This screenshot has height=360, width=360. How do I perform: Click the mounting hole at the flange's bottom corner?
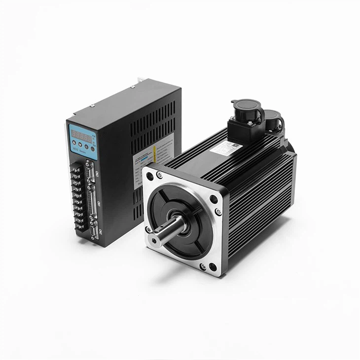point(212,267)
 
